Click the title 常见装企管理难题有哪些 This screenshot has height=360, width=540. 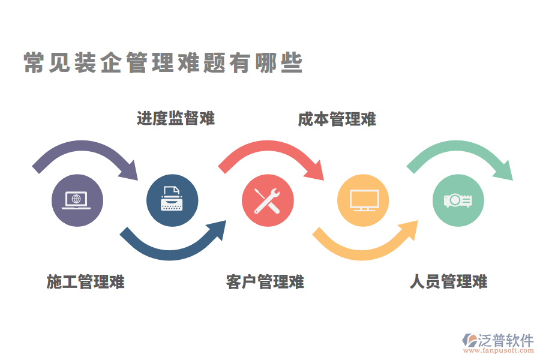[163, 63]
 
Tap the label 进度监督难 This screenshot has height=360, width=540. [175, 118]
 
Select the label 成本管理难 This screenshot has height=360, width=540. [337, 119]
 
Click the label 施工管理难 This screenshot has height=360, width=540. [85, 281]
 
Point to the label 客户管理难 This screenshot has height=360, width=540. [265, 281]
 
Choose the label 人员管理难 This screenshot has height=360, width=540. [448, 281]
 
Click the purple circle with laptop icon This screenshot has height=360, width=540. [77, 200]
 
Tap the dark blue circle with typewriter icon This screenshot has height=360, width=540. [172, 200]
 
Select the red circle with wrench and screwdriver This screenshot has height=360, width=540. [268, 200]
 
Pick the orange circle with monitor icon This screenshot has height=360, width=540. [363, 200]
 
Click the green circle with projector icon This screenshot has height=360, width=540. [458, 200]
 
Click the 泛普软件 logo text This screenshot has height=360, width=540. [505, 340]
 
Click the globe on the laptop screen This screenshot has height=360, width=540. [76, 198]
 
